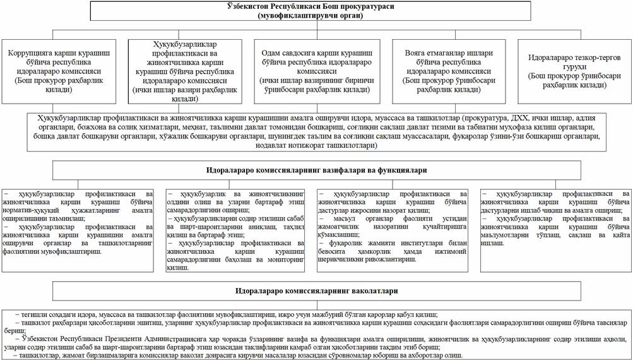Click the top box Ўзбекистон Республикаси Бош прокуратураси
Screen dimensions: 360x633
click(316, 12)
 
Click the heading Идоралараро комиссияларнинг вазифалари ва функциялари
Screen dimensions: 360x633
click(316, 171)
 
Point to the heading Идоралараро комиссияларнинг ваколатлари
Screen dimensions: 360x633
click(316, 291)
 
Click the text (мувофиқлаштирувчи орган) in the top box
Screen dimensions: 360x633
click(316, 16)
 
